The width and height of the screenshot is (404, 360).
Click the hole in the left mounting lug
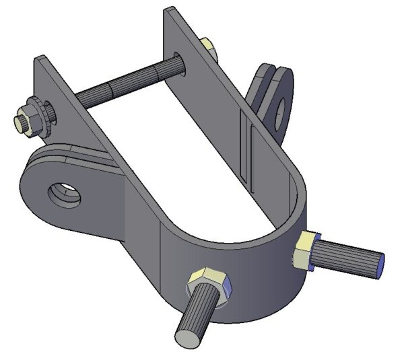click(x=65, y=195)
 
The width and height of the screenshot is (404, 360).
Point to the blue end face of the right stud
click(x=380, y=263)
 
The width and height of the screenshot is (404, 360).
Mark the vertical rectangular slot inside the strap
click(x=247, y=151)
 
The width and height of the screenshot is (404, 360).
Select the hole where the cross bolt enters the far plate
click(x=176, y=61)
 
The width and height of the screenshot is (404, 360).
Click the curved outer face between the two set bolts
click(x=259, y=283)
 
